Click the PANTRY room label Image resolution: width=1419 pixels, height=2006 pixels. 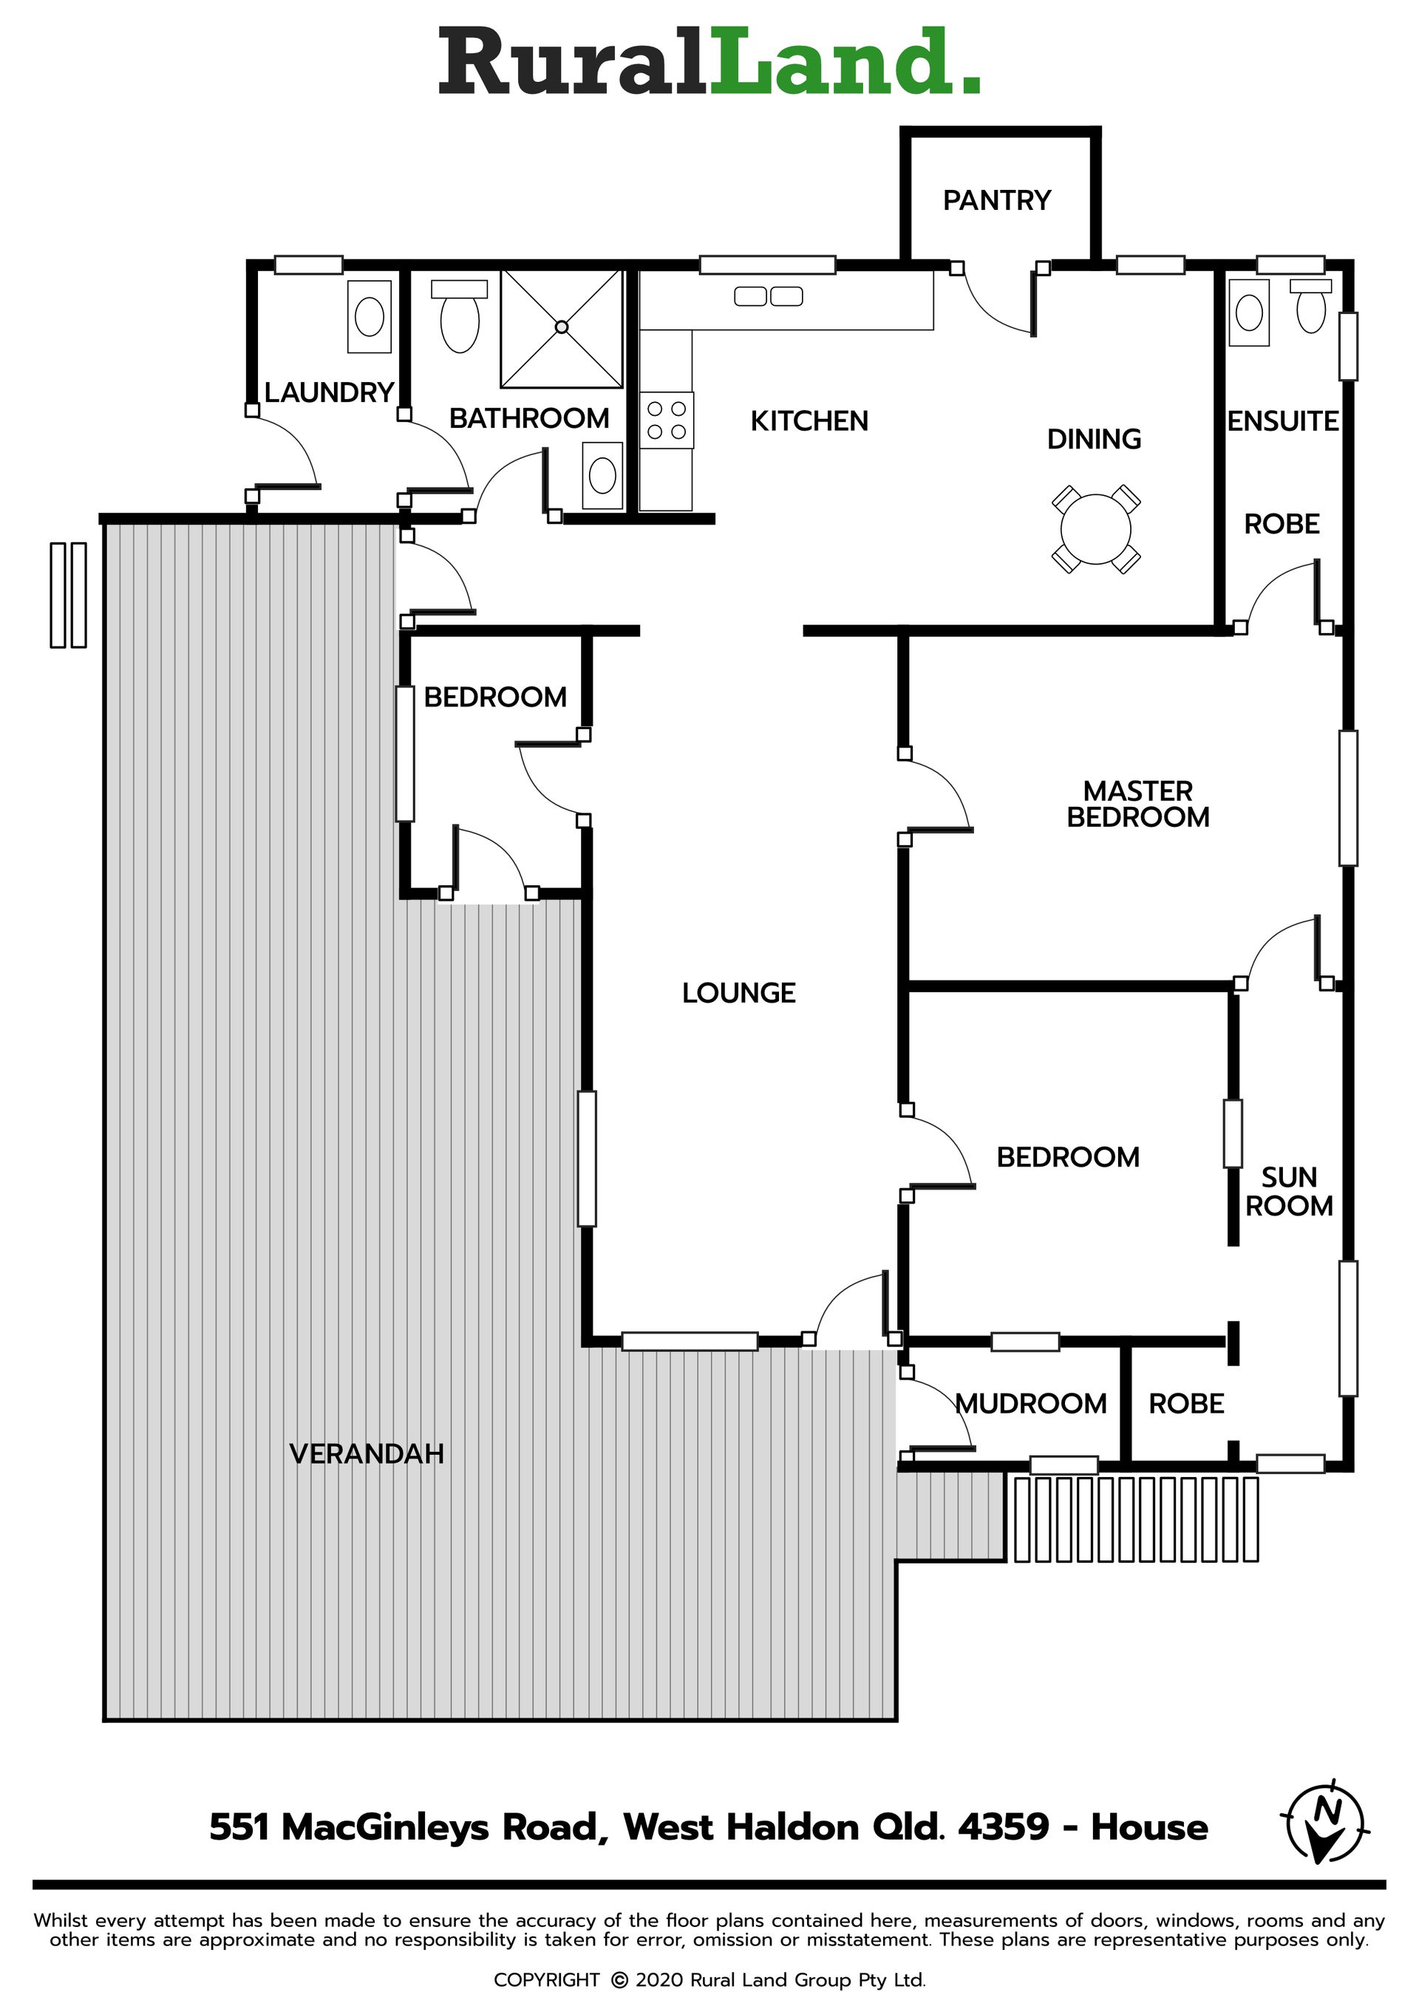pos(996,201)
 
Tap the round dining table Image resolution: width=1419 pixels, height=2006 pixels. pos(1096,530)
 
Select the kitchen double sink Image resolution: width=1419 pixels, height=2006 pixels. pos(768,297)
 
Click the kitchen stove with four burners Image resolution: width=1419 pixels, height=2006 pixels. pos(666,420)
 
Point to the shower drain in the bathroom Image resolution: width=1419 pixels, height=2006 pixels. pos(562,327)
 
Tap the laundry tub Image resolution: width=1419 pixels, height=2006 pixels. pos(370,316)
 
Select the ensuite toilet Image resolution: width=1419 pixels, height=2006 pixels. pos(1310,306)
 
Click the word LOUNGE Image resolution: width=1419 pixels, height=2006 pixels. pos(738,993)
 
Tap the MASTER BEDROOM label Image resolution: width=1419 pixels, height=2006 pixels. pos(1137,804)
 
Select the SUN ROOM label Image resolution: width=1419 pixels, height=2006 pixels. pos(1289,1192)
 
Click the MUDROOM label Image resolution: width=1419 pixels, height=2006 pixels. pos(1031,1404)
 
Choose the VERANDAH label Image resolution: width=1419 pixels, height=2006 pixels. pos(366,1454)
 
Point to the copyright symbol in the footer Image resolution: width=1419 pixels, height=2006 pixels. pos(619,1980)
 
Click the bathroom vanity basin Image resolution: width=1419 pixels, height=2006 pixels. pos(602,476)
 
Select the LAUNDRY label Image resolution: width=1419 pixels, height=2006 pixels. pos(330,393)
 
